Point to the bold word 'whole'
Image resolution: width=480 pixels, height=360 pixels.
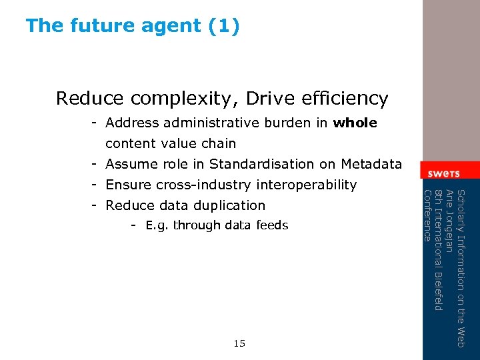coord(355,123)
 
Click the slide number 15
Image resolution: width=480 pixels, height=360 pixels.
coord(239,344)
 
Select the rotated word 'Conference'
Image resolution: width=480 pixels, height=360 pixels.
coord(428,215)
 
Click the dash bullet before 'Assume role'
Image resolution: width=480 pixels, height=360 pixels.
coord(97,164)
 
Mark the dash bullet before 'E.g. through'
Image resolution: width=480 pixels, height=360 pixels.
coord(135,225)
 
